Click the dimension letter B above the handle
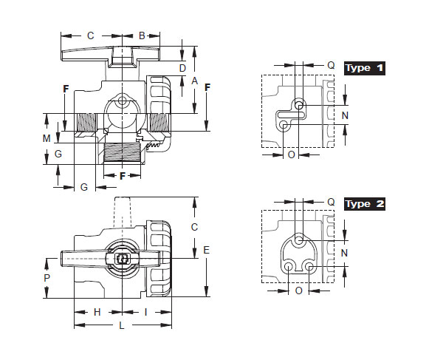click(142, 35)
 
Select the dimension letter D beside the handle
click(182, 68)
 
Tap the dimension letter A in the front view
click(194, 81)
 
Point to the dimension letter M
click(47, 138)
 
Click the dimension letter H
click(97, 312)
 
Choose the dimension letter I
click(145, 312)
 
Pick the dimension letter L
click(122, 325)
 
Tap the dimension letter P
click(47, 278)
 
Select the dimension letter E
click(206, 250)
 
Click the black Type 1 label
click(365, 68)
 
